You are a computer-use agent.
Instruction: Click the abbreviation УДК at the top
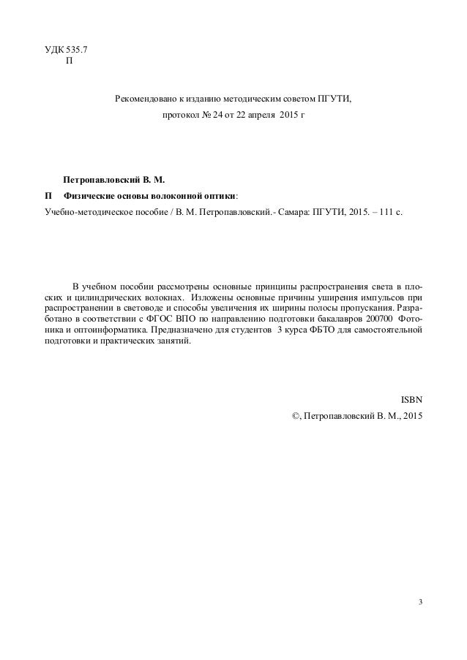point(53,49)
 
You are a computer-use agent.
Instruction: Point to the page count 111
point(386,213)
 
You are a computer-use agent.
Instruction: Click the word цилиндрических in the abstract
point(106,297)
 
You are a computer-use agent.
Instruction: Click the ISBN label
point(411,399)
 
